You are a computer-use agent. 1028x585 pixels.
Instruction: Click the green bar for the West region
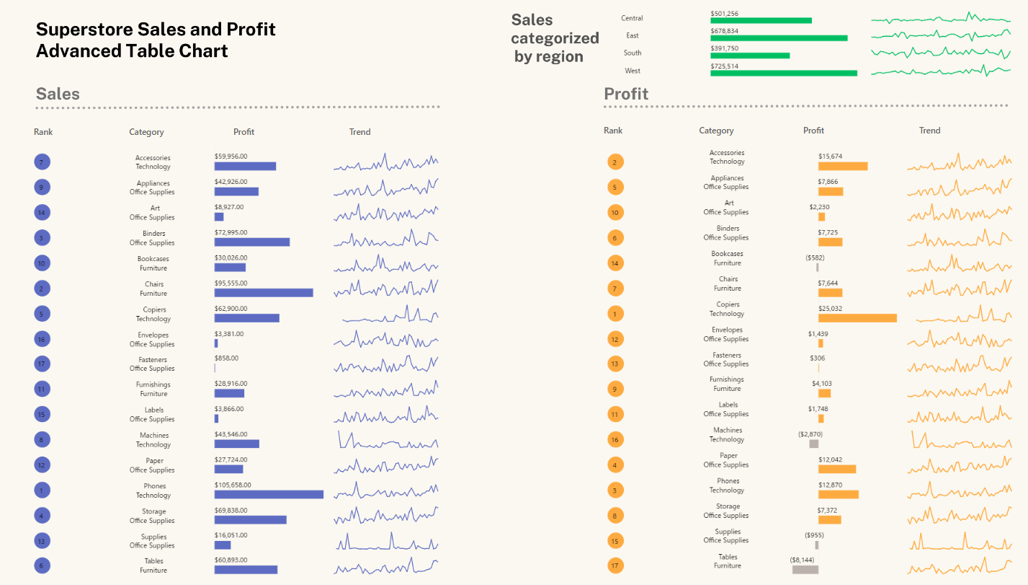[784, 73]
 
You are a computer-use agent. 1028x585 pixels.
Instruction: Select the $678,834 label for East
[724, 31]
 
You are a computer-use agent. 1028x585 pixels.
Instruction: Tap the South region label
[633, 53]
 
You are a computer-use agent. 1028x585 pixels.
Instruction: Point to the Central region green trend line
[940, 19]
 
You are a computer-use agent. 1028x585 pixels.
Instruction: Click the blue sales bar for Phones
[269, 494]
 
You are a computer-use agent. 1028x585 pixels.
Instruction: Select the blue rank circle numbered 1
[42, 491]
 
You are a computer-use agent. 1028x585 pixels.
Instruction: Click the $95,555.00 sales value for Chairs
[231, 283]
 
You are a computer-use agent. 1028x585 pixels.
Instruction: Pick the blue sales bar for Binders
[252, 242]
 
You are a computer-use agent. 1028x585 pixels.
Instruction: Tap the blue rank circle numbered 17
[42, 364]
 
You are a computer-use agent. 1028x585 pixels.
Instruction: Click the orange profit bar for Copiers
[857, 318]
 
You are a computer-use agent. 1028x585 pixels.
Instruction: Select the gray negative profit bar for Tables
[805, 569]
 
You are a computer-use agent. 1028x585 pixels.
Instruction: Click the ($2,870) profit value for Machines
[810, 434]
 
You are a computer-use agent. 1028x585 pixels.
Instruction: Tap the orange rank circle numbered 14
[615, 263]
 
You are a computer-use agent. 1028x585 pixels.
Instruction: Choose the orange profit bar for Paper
[837, 469]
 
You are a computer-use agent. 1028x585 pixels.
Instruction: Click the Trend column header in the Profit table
[929, 131]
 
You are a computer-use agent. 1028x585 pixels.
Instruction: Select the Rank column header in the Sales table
[43, 132]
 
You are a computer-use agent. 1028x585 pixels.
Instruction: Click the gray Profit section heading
[626, 94]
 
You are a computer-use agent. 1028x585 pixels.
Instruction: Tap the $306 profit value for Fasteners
[818, 358]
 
